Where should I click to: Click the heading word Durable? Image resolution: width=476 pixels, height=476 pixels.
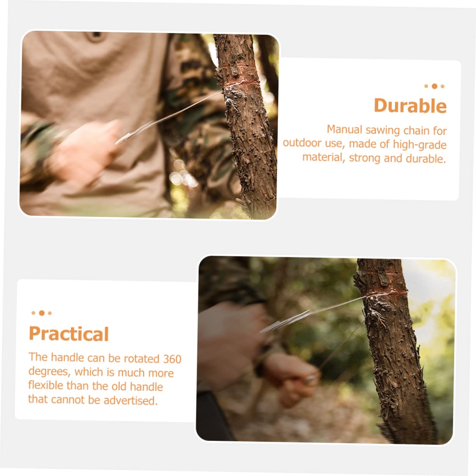[410, 106]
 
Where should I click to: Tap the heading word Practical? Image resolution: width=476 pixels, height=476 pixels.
[69, 334]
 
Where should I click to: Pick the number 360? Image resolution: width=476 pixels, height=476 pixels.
[172, 359]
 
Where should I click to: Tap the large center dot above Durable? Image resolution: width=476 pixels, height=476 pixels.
[434, 86]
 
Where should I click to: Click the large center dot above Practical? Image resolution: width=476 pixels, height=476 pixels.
[41, 313]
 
